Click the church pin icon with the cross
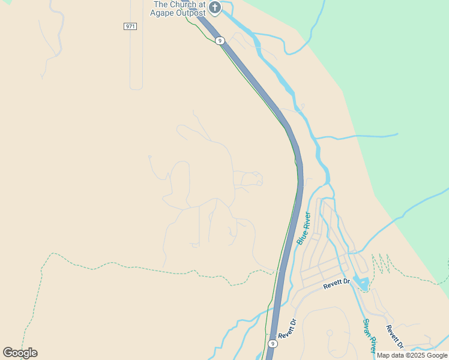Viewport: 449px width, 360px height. click(215, 8)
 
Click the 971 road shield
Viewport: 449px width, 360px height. click(130, 26)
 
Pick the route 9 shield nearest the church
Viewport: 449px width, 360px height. click(220, 41)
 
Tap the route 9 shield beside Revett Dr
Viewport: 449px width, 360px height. click(273, 344)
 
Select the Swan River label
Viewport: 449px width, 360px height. click(369, 335)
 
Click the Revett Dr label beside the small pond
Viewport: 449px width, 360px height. click(336, 284)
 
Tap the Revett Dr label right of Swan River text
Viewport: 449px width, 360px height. click(394, 337)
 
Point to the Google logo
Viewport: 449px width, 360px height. click(20, 352)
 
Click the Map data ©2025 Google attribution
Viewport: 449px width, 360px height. click(412, 355)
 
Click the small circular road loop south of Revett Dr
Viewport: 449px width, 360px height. click(329, 332)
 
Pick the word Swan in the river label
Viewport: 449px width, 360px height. click(366, 327)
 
